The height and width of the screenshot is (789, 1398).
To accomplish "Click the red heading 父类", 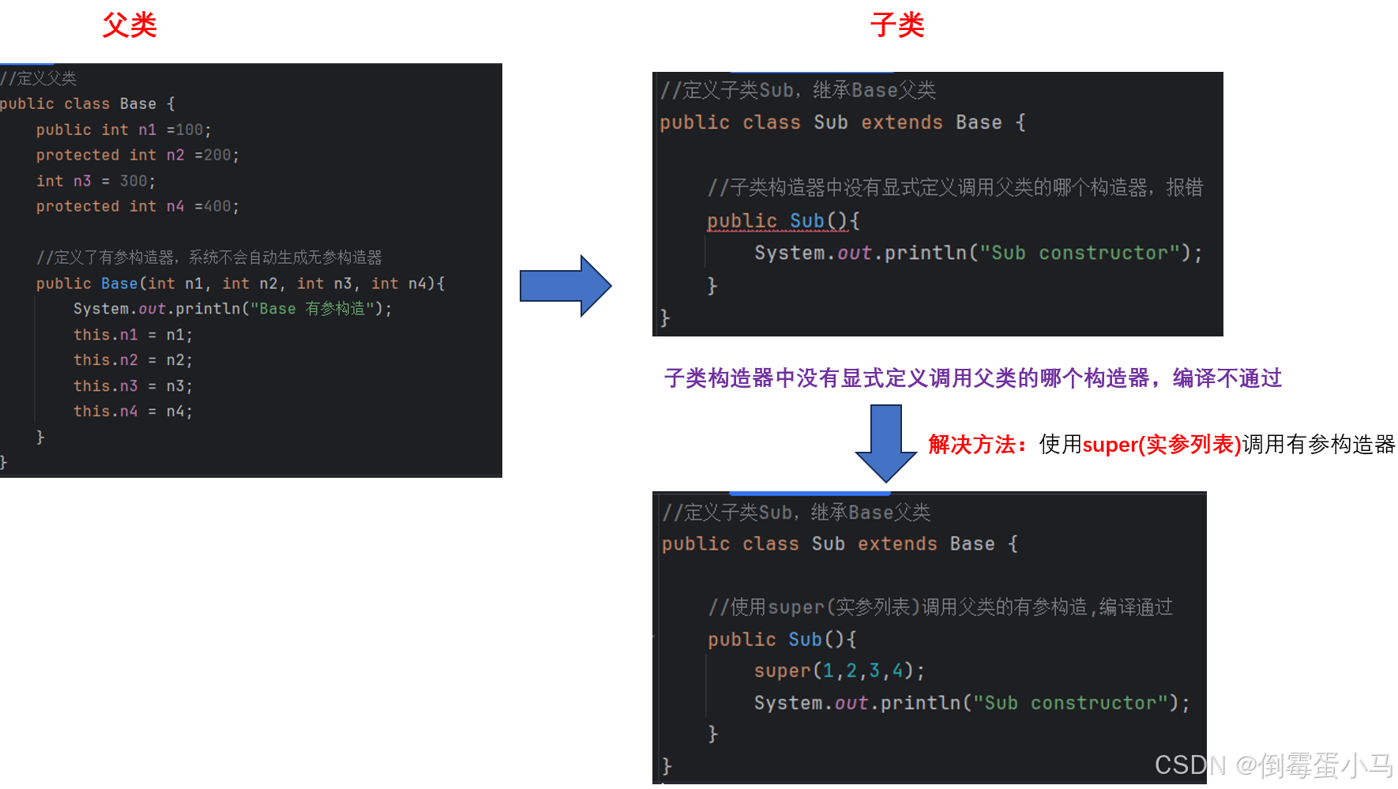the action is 130,25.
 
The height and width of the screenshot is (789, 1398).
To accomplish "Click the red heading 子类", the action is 896,25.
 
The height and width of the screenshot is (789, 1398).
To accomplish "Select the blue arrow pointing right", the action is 565,285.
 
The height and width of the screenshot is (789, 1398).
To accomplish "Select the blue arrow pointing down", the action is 885,442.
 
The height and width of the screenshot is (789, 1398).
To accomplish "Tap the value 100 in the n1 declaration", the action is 190,130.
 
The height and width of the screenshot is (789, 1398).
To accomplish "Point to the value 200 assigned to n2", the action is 217,155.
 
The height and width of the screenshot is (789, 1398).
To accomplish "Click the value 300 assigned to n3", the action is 133,181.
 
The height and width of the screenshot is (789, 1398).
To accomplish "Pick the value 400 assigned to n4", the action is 217,206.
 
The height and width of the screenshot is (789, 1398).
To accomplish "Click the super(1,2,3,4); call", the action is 839,671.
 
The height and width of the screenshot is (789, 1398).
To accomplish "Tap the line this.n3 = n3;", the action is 133,386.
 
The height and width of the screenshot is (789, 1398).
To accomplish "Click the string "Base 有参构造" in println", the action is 312,309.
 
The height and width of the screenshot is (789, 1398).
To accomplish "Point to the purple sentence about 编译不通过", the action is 972,378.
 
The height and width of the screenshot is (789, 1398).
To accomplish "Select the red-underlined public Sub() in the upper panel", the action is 777,221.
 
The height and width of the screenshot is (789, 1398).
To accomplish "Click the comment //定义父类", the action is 39,78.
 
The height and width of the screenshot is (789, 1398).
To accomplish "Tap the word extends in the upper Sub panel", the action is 901,122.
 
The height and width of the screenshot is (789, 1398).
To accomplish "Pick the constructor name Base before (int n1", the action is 119,284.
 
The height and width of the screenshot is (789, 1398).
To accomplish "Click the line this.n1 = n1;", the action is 133,335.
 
